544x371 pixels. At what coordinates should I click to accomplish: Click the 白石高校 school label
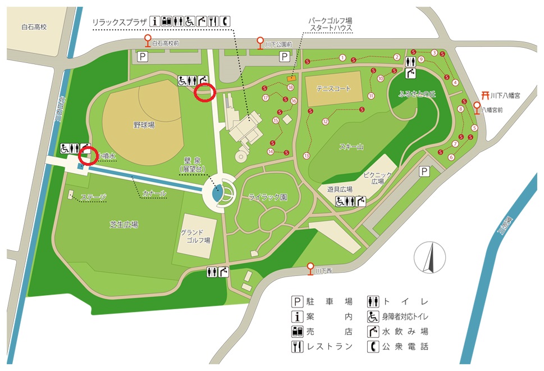coord(28,26)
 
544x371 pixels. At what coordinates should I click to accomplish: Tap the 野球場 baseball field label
coord(144,125)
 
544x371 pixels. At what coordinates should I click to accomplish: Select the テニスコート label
coord(333,89)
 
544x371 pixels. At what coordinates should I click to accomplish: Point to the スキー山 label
coord(351,147)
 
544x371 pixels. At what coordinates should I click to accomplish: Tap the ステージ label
coord(94,197)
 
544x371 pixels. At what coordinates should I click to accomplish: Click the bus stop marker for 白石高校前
coord(148,40)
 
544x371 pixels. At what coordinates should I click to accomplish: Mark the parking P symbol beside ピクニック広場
coord(425,171)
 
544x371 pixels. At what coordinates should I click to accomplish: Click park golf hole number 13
coord(307,156)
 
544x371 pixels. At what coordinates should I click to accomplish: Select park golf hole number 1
coord(342,57)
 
